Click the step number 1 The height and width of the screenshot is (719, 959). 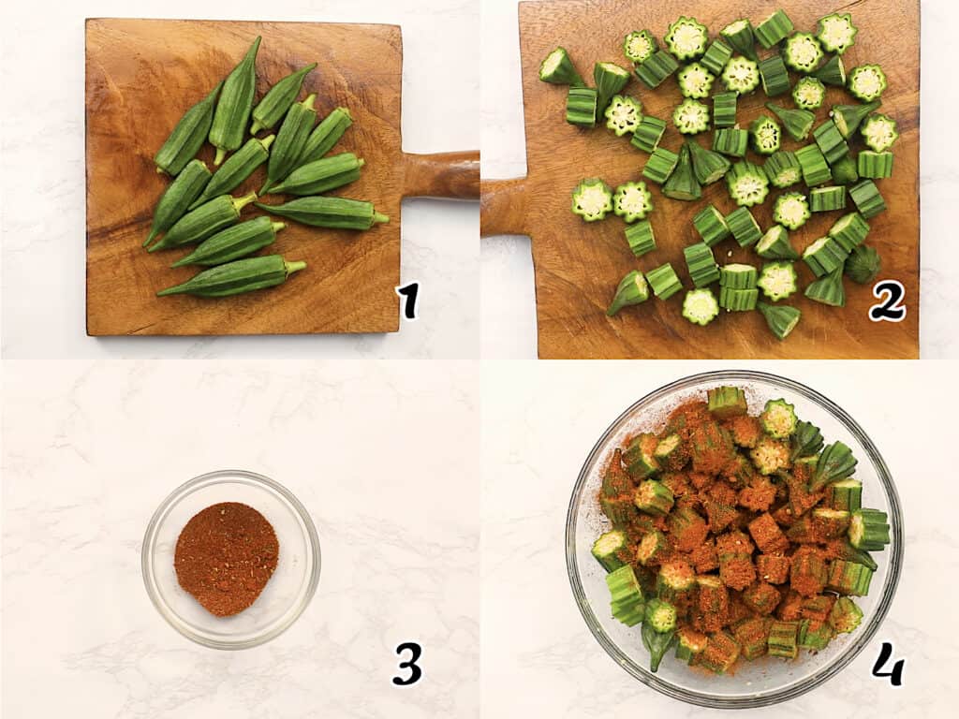point(407,301)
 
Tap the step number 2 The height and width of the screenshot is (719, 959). point(885,300)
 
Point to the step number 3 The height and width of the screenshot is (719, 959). point(407,663)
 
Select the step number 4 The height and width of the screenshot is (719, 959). point(887,663)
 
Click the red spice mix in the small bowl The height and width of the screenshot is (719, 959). point(226,558)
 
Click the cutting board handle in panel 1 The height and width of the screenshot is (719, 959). point(440,175)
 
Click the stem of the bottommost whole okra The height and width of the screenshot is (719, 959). point(295,267)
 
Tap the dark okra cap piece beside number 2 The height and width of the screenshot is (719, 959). point(862,264)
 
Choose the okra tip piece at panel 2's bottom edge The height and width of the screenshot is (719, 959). point(779,319)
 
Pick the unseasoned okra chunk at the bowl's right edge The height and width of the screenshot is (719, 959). point(868,530)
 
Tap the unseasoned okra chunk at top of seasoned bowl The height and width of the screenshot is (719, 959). point(727,402)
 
